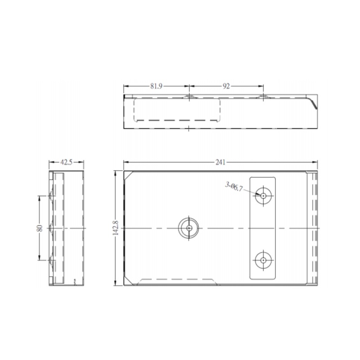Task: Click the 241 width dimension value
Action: point(220,162)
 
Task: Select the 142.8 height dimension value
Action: point(116,229)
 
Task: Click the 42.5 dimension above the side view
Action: point(67,162)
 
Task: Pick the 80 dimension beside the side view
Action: point(40,228)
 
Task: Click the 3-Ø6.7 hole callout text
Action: point(234,186)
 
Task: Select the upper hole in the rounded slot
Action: point(262,196)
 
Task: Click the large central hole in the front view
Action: point(189,228)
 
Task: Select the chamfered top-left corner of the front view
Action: point(128,175)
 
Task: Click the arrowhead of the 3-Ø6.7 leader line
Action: point(259,195)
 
